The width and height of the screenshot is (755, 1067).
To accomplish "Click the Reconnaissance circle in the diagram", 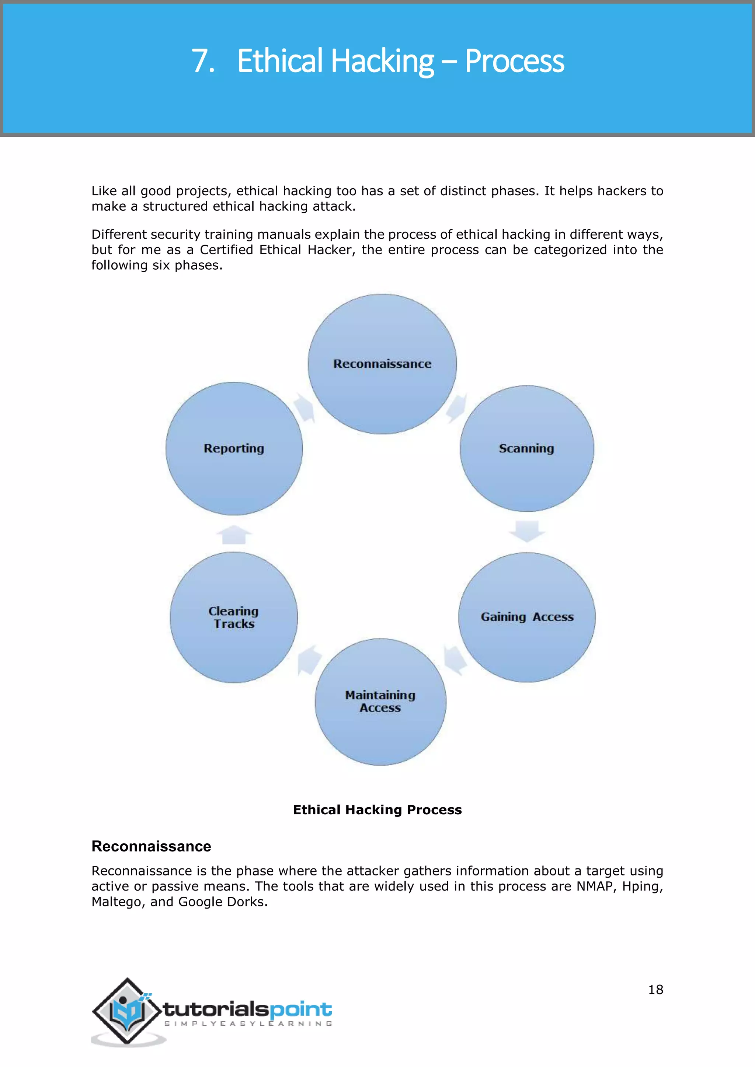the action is (382, 364).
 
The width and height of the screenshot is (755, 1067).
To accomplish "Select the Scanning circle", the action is (527, 448).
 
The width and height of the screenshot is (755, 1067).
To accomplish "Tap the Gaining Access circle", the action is (527, 617).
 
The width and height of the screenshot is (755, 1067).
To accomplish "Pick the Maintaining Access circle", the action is (380, 702).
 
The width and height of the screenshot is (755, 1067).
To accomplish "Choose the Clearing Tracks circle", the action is (234, 617).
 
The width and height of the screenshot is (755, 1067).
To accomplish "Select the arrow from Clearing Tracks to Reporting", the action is (234, 535).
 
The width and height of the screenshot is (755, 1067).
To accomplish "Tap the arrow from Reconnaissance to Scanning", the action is (456, 407).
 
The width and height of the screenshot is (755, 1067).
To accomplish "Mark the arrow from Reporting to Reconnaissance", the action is (305, 407).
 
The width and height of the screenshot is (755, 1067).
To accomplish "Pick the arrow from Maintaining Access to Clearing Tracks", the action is (309, 659).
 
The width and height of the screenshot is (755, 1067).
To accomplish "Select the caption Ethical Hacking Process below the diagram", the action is (377, 809).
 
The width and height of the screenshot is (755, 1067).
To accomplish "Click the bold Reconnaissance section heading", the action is (151, 846).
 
